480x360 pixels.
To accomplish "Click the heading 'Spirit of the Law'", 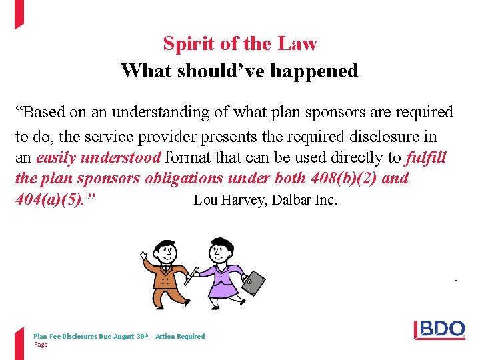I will (240, 44).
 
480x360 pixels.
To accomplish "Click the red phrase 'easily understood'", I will (98, 157).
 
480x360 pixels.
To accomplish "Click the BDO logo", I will (439, 329).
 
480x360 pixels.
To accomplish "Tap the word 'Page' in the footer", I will (41, 345).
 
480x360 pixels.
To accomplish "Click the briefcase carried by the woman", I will (253, 282).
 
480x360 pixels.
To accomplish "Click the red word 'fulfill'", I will (426, 157).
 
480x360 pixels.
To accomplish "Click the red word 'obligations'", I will (197, 179).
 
